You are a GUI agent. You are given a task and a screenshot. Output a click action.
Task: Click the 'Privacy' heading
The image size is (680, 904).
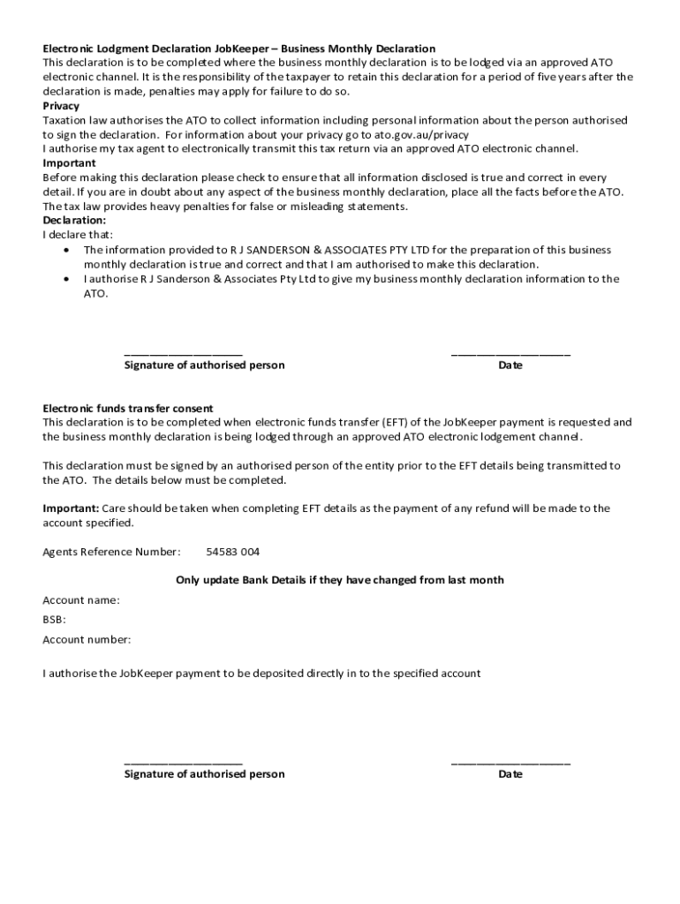pos(61,106)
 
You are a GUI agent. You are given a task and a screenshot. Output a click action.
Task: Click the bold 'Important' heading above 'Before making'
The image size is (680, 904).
pos(69,163)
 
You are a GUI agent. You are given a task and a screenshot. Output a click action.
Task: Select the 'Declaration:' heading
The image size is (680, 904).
pos(74,221)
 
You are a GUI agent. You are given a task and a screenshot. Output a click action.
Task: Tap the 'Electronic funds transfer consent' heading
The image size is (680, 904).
pos(128,409)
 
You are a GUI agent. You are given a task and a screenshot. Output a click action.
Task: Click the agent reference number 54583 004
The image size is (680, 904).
pos(233,553)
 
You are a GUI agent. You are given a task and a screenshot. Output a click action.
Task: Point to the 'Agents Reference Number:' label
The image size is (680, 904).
pos(111,553)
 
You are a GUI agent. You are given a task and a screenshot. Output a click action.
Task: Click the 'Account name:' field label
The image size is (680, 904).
pos(81,600)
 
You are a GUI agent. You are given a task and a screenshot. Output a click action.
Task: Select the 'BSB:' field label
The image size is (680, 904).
pos(55,620)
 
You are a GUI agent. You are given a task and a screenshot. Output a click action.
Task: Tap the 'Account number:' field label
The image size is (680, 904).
pos(87,639)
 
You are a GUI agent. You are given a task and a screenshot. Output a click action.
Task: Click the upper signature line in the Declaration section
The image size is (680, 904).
pos(183,354)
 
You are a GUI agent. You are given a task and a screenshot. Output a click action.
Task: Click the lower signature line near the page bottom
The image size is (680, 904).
pos(183,763)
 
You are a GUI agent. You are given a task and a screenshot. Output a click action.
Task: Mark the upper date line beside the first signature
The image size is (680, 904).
pos(510,354)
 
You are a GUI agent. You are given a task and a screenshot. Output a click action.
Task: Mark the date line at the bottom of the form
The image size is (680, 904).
pos(510,763)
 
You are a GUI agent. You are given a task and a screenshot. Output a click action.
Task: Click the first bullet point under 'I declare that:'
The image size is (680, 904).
pos(68,251)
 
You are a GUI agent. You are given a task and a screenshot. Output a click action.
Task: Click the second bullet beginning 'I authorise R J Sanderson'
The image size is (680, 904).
pos(68,279)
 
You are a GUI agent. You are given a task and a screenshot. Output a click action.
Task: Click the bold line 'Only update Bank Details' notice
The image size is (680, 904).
pos(340,580)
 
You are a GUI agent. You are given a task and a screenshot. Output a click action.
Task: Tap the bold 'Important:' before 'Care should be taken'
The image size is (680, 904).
pos(71,508)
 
